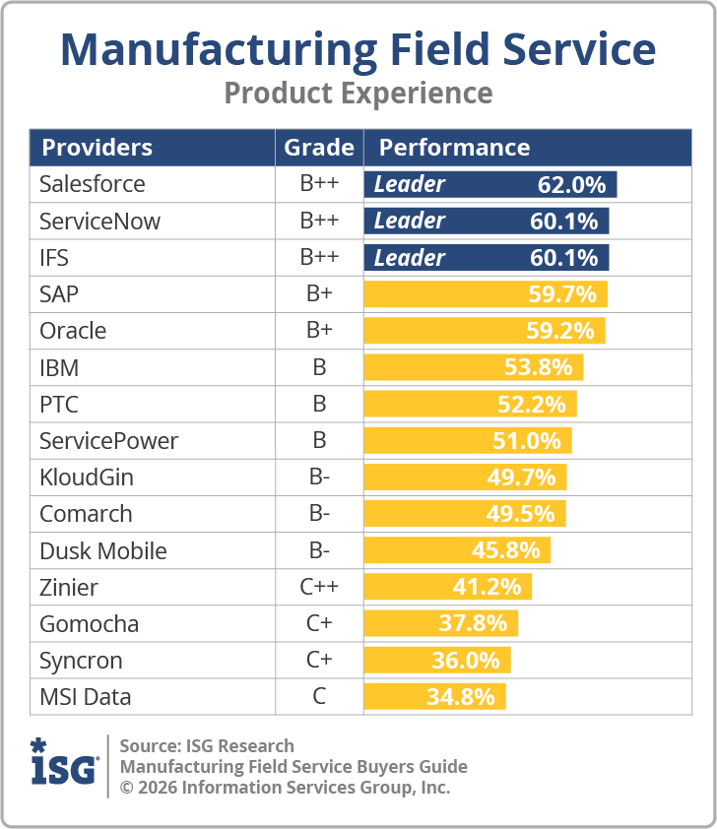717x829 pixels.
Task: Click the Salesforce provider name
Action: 92,184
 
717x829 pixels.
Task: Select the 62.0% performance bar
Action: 490,184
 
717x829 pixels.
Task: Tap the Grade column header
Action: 319,148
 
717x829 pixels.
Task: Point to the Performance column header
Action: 454,148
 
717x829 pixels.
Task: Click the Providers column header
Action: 97,148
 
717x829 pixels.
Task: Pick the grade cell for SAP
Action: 319,294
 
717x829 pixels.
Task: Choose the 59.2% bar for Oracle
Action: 485,331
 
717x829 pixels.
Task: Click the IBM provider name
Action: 59,368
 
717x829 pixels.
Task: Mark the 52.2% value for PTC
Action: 536,405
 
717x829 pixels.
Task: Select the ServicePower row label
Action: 108,441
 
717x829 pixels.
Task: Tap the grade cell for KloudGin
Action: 319,478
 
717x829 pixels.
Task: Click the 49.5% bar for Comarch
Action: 465,514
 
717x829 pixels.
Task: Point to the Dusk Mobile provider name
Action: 102,550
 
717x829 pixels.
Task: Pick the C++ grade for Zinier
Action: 319,588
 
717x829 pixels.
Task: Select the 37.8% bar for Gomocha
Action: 440,623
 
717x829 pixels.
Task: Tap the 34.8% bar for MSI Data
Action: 434,697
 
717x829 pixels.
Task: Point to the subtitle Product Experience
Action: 358,93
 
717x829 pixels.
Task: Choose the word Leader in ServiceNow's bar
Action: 410,221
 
